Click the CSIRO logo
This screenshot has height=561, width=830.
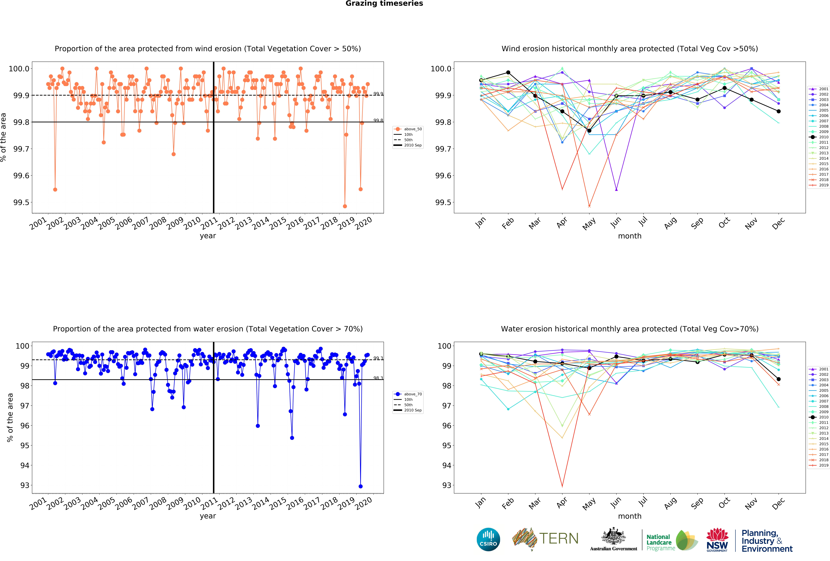pyautogui.click(x=488, y=539)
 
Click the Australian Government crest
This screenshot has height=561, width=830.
pyautogui.click(x=613, y=536)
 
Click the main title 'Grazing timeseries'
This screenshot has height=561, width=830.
pyautogui.click(x=384, y=4)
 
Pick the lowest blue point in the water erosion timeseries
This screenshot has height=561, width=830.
pyautogui.click(x=360, y=486)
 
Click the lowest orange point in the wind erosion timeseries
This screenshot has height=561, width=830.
pyautogui.click(x=345, y=206)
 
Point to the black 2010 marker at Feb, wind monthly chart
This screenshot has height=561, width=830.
pyautogui.click(x=508, y=73)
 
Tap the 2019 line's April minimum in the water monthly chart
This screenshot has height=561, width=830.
pyautogui.click(x=562, y=486)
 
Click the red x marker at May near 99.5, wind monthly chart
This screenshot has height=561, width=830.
pyautogui.click(x=589, y=206)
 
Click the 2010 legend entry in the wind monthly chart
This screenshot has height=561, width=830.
pyautogui.click(x=819, y=137)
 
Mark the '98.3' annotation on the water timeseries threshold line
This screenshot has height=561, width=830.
pyautogui.click(x=378, y=378)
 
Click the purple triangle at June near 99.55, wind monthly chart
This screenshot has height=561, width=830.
pyautogui.click(x=616, y=189)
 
